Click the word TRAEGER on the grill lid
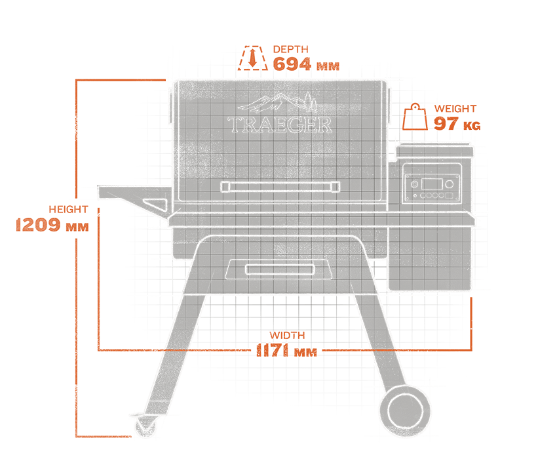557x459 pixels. pos(280,125)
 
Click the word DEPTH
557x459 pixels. pos(290,49)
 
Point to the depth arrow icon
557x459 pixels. pos(252,57)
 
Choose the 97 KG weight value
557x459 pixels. pos(457,124)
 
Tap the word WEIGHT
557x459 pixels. pos(455,109)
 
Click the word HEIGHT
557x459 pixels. pos(68,210)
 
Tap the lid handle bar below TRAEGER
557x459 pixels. pos(279,187)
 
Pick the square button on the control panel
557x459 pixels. pos(449,195)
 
